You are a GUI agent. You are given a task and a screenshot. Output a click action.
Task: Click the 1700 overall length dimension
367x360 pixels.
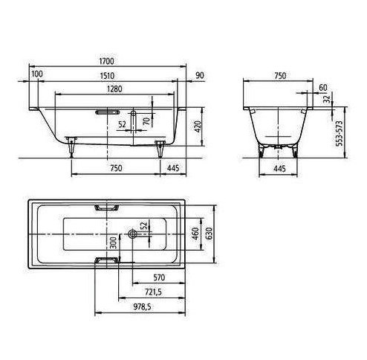pyautogui.click(x=107, y=61)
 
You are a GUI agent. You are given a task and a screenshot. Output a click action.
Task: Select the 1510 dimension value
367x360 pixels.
pyautogui.click(x=107, y=76)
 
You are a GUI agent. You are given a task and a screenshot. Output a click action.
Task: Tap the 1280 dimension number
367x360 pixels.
pyautogui.click(x=114, y=89)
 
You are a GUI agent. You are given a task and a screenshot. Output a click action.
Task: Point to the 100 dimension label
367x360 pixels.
pyautogui.click(x=37, y=74)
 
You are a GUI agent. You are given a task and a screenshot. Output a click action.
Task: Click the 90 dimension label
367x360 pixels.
pyautogui.click(x=200, y=75)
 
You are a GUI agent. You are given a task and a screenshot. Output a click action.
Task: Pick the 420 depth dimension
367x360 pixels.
pyautogui.click(x=198, y=126)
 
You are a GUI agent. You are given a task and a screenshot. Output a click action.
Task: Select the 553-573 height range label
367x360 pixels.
pyautogui.click(x=340, y=133)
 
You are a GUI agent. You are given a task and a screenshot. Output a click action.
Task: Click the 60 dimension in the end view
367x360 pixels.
pyautogui.click(x=323, y=88)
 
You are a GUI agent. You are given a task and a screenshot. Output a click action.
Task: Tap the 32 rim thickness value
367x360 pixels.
pyautogui.click(x=327, y=99)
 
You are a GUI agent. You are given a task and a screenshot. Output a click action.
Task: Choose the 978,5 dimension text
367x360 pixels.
pyautogui.click(x=143, y=307)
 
